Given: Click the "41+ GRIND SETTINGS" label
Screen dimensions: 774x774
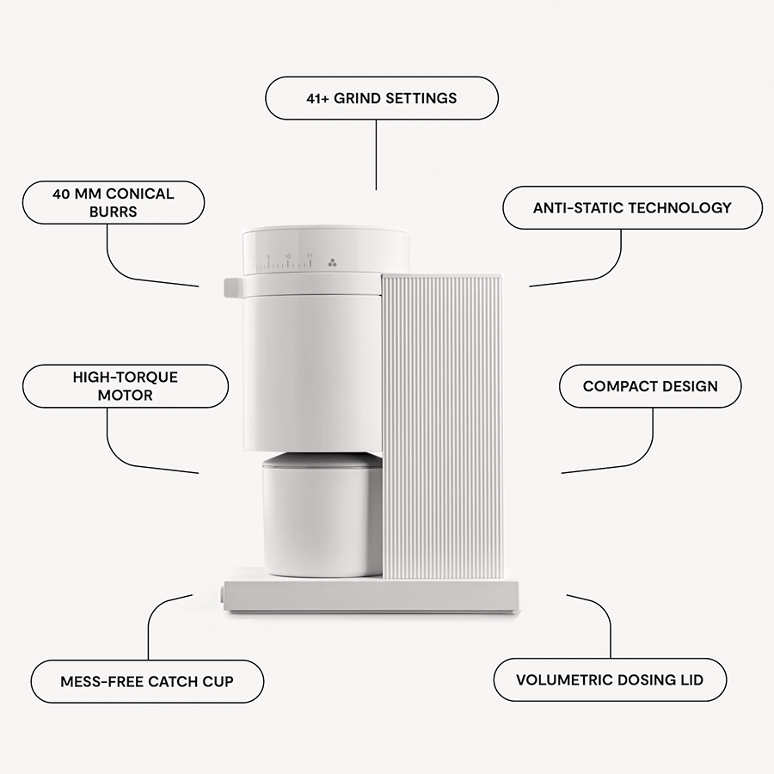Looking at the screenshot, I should [381, 98].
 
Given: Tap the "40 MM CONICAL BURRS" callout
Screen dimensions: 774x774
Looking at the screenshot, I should [113, 202].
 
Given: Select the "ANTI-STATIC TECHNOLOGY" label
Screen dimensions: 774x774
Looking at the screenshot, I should [632, 208].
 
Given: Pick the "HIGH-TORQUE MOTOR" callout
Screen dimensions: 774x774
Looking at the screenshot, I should [125, 386].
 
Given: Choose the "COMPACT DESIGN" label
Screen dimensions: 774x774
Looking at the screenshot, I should [650, 386].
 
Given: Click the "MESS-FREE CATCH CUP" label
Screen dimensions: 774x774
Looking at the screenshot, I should [147, 681].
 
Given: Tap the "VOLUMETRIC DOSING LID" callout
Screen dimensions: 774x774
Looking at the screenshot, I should [610, 680].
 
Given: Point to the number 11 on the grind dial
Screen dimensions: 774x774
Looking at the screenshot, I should [310, 256].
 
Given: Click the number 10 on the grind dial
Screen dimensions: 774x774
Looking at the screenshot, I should [288, 256].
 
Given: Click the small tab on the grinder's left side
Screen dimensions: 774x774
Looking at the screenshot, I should [232, 286].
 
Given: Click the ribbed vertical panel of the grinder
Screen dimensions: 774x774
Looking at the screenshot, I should [440, 426].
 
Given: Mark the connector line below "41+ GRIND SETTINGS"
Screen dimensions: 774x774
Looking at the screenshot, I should [377, 155].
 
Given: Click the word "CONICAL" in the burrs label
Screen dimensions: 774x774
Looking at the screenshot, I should [140, 194].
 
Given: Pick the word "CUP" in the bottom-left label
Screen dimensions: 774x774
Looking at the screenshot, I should [217, 681].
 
